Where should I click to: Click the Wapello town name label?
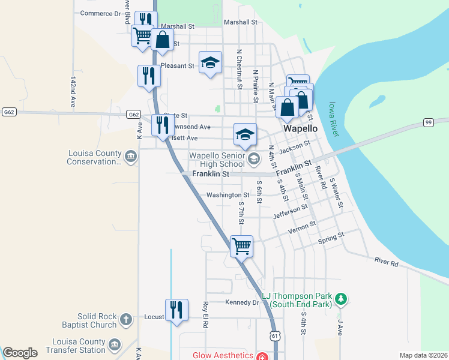tap(300, 128)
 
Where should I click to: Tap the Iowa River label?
tap(334, 118)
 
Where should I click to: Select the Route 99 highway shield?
tap(428, 122)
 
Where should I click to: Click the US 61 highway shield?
tap(274, 337)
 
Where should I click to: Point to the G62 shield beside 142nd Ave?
tap(8, 112)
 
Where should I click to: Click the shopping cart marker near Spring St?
tap(241, 245)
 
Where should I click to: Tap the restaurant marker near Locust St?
tap(176, 310)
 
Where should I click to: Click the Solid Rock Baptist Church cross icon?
tap(126, 319)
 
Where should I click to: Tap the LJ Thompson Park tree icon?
tap(341, 298)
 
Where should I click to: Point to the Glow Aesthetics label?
tap(221, 355)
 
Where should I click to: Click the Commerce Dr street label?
tap(100, 13)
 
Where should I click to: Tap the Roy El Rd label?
tap(205, 314)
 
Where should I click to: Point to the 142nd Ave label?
tap(73, 91)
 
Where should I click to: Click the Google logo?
tap(20, 353)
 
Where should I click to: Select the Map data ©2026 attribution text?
tap(423, 355)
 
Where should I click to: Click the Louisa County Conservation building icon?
tap(130, 157)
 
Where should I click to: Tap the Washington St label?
tap(228, 195)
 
